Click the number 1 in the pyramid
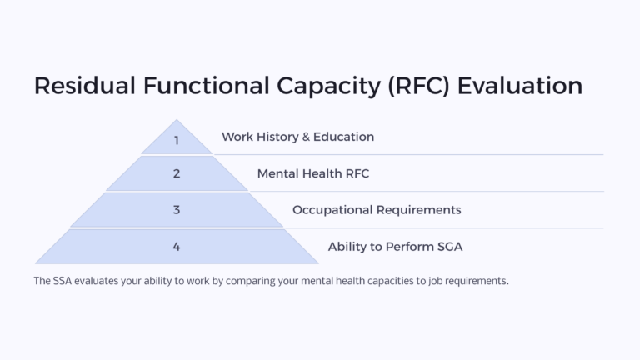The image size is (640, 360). click(177, 140)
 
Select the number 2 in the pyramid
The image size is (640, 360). click(177, 174)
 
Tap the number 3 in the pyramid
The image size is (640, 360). click(177, 210)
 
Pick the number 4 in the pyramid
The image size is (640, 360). click(177, 247)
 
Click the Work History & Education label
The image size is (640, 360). click(297, 137)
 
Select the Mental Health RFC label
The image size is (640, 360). click(312, 173)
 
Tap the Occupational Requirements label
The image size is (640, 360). click(377, 210)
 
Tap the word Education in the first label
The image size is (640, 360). click(344, 137)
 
